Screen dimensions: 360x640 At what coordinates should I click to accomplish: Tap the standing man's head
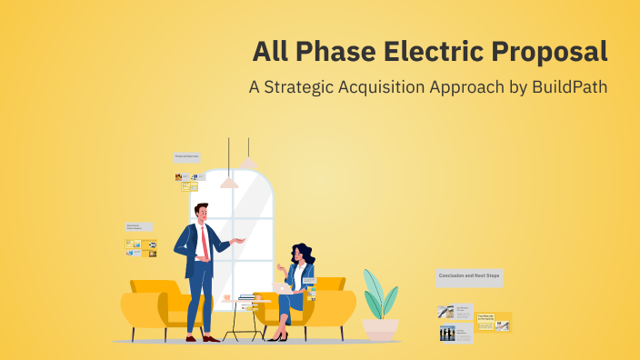pyautogui.click(x=202, y=213)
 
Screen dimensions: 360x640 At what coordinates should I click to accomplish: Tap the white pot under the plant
pyautogui.click(x=380, y=328)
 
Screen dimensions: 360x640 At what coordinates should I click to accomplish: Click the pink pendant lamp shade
pyautogui.click(x=229, y=183)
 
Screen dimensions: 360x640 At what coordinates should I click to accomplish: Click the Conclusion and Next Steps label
pyautogui.click(x=469, y=275)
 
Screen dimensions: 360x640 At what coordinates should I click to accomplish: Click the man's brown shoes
pyautogui.click(x=200, y=337)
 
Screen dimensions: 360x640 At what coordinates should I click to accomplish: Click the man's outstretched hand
pyautogui.click(x=240, y=240)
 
